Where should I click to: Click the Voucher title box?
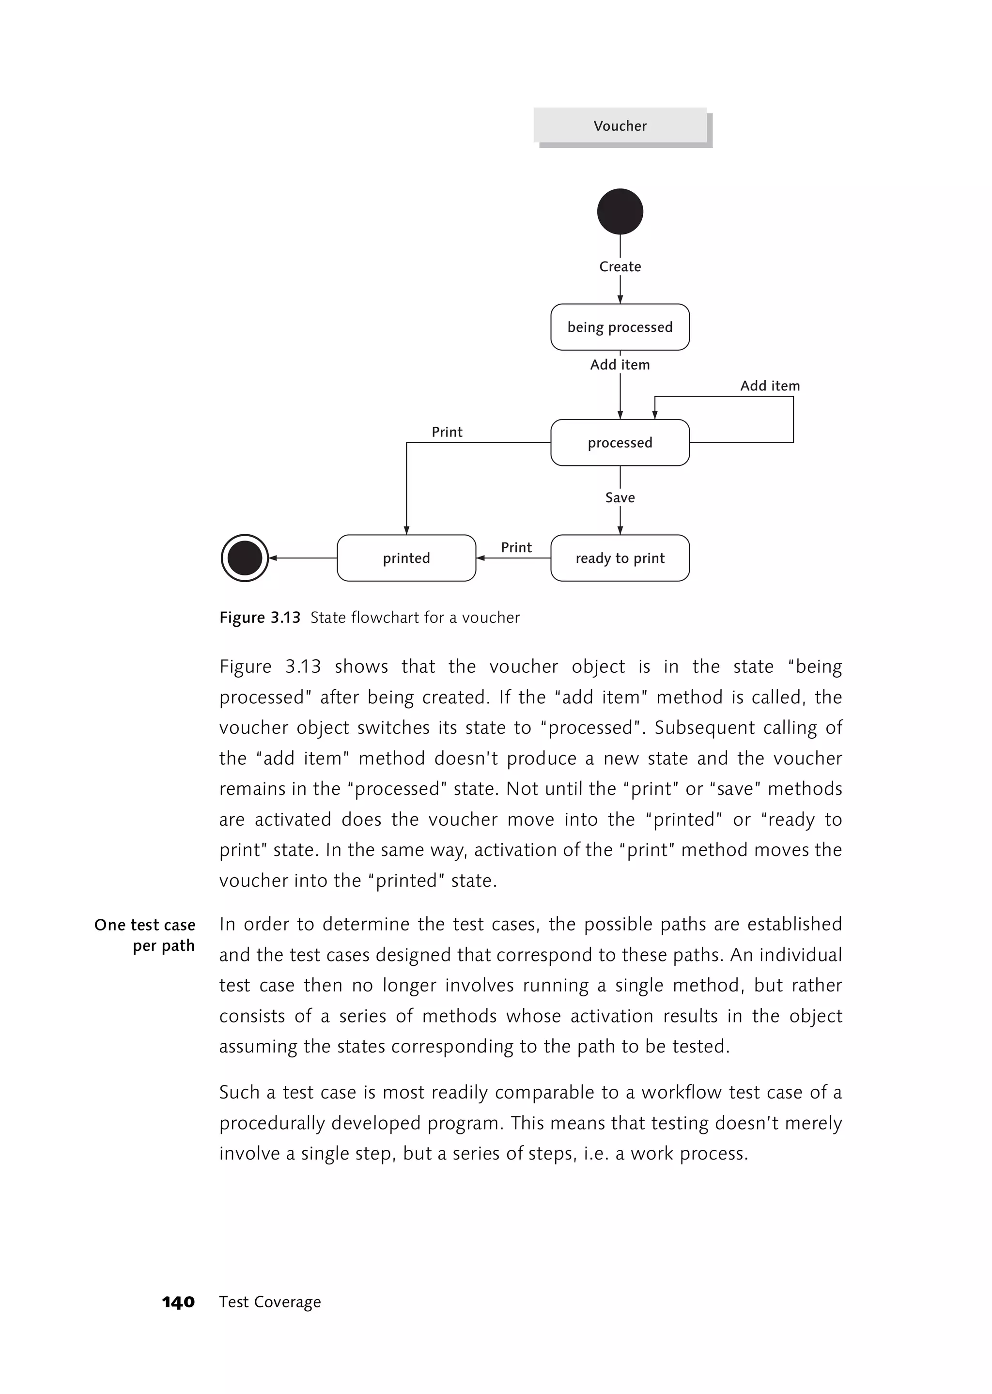click(620, 126)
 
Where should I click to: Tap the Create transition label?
click(620, 266)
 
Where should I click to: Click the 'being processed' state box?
click(620, 327)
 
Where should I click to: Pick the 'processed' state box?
click(620, 442)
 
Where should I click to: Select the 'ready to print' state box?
click(620, 558)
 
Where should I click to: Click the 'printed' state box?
click(406, 558)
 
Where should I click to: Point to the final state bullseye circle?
click(244, 558)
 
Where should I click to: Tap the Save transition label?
click(620, 497)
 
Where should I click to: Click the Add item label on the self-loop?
click(770, 386)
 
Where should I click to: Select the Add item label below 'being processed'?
click(620, 365)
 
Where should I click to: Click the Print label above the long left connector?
click(447, 432)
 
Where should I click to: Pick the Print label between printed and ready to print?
click(516, 547)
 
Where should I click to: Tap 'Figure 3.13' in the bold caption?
click(260, 618)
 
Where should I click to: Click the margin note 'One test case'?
click(145, 925)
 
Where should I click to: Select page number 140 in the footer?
click(178, 1302)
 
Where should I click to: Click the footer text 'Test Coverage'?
click(270, 1302)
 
